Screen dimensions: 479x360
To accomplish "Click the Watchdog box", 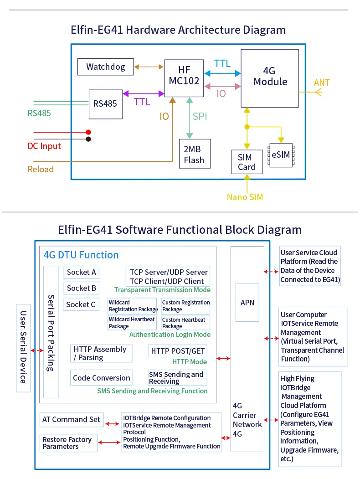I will point(106,67).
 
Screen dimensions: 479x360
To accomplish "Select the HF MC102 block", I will point(184,77).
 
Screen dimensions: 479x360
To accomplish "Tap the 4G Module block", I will point(270,78).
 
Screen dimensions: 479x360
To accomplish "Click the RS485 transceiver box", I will point(105,104).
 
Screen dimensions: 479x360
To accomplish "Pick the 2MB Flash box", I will point(195,154).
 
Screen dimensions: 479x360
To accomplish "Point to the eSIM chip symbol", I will point(281,155).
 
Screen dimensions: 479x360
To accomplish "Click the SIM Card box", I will point(247,162).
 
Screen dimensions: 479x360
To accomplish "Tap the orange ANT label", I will point(322,82).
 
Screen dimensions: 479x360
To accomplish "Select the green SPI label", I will point(200,117).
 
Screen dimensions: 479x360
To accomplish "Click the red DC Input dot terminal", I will point(88,132).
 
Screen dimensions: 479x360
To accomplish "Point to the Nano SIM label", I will point(245,197).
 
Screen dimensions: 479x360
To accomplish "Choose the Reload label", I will point(41,169).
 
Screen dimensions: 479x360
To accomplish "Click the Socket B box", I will point(81,288).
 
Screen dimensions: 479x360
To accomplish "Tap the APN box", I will point(247,303).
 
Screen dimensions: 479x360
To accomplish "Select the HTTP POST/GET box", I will point(178,351).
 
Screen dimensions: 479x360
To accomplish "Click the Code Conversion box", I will point(101,378).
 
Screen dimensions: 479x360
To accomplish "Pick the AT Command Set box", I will point(71,419).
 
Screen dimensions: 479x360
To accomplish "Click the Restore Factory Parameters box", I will point(68,443).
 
